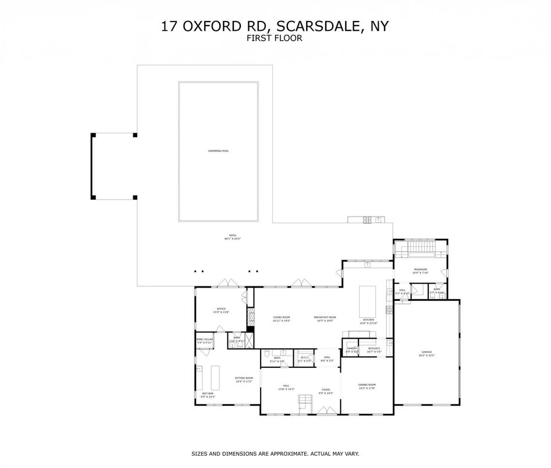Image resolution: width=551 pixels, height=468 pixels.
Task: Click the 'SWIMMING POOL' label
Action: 218,151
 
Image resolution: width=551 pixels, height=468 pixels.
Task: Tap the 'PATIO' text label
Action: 232,236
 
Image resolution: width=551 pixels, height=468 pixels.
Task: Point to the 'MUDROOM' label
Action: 420,270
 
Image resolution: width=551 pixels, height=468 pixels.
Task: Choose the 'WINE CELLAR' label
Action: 204,341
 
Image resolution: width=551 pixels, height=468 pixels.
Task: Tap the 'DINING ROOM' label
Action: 367,385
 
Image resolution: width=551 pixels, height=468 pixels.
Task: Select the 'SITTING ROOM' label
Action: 244,379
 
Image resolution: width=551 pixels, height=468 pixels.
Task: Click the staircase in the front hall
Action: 304,402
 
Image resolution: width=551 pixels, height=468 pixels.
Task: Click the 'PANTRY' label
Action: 352,350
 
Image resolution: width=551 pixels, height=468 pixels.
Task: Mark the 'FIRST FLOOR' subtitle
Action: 275,38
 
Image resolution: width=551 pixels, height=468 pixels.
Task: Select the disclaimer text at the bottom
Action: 275,453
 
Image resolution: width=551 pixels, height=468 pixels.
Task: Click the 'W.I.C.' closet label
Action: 304,358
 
